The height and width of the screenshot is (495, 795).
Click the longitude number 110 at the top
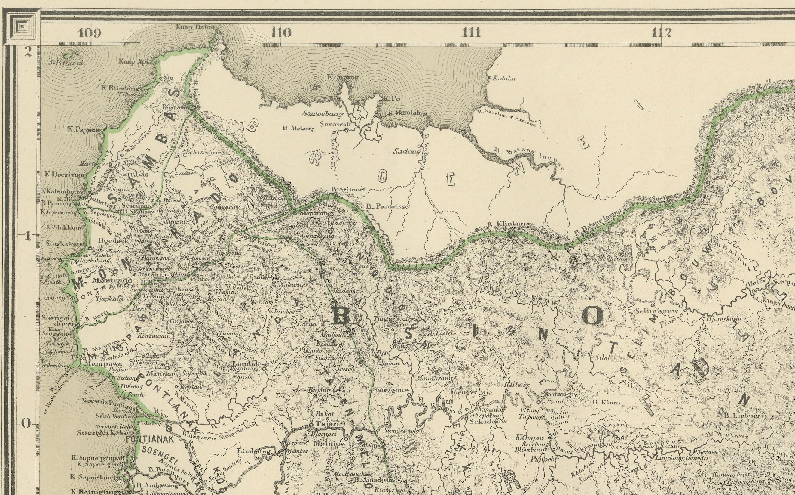point(281,33)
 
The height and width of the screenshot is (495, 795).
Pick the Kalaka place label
point(504,78)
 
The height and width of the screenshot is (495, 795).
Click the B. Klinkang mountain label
point(509,224)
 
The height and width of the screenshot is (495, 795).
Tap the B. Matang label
point(298,129)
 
